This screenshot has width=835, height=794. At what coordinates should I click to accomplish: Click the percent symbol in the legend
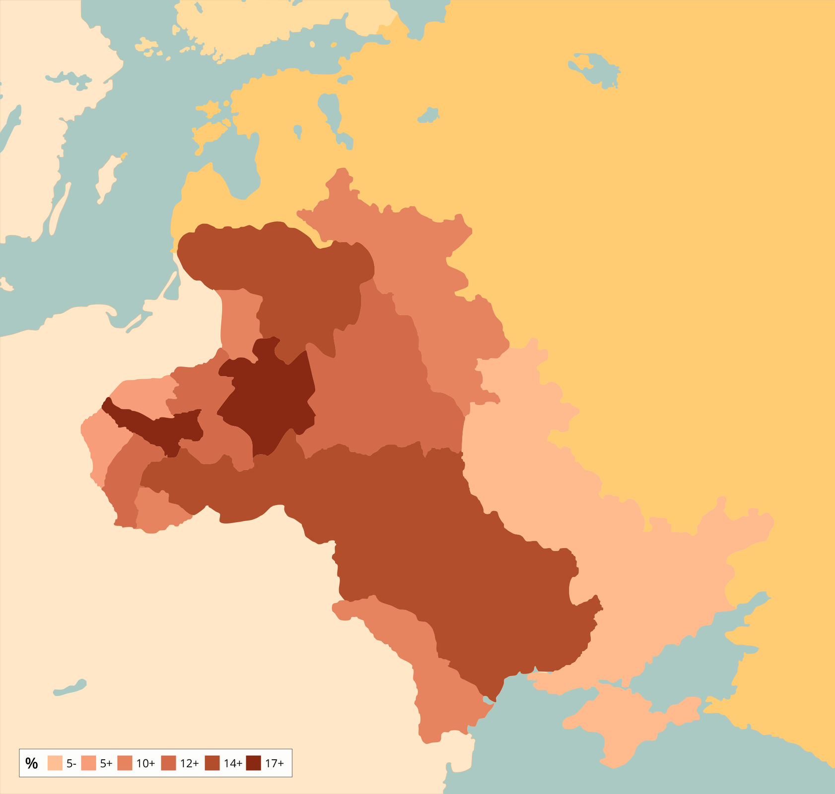[x=31, y=763]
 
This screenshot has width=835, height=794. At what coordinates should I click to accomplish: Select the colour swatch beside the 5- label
[x=55, y=763]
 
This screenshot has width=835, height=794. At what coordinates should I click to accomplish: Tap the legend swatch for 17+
[x=254, y=763]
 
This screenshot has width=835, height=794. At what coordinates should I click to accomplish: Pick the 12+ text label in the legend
[x=189, y=763]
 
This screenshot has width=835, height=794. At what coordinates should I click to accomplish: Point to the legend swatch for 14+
[x=212, y=763]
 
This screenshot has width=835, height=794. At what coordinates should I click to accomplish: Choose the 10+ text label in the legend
[x=145, y=763]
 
